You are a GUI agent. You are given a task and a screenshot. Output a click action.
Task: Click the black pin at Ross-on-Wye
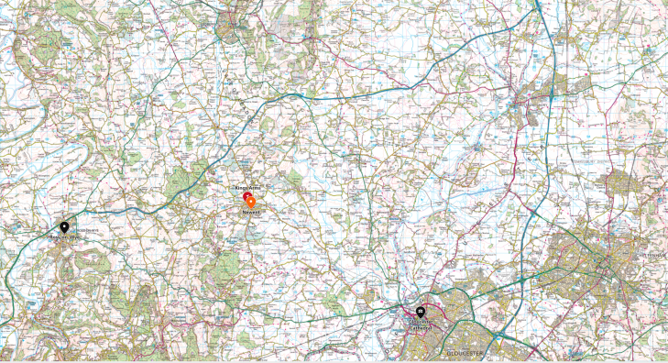64,226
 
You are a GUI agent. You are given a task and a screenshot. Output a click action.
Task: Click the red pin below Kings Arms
246,196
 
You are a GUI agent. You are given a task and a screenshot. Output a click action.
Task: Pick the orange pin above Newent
252,202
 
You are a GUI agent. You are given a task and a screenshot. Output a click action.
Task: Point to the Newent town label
252,212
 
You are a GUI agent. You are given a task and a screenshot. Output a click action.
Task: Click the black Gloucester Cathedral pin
424,311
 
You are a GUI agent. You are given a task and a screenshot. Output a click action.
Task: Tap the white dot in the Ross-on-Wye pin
64,225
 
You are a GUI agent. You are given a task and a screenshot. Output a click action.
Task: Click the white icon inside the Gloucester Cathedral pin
424,310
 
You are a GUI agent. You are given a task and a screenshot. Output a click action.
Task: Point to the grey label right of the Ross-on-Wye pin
84,229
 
